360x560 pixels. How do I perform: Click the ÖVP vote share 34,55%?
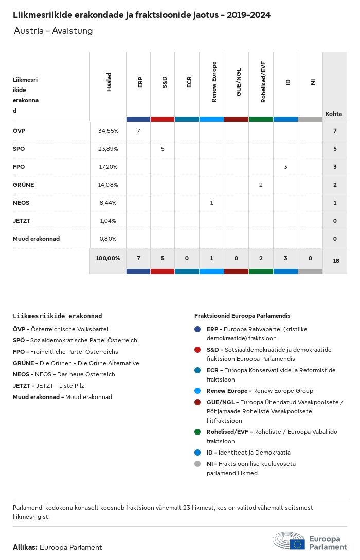108,131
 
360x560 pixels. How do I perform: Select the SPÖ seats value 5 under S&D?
163,149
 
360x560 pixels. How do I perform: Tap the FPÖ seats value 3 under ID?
285,167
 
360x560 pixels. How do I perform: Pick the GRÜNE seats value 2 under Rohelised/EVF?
261,185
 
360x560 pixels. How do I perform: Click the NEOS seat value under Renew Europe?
211,203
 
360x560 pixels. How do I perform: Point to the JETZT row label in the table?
21,221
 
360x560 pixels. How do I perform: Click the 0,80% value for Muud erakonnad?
108,239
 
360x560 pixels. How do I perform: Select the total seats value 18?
336,261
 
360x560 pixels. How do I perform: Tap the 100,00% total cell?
108,258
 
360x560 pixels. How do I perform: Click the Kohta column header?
334,114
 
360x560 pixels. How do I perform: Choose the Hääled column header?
109,82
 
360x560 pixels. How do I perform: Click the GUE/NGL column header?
239,82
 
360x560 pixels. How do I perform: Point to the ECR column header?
189,82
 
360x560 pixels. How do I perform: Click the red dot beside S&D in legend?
197,350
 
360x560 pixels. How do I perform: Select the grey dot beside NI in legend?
197,464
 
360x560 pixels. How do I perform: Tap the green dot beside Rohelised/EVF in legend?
197,432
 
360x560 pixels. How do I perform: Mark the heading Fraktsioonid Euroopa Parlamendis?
242,316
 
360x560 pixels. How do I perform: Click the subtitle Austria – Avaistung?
53,31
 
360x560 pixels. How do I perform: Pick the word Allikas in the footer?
25,547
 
